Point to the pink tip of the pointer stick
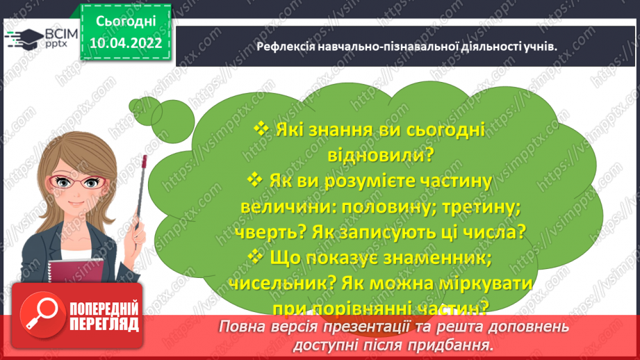point(144,161)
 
